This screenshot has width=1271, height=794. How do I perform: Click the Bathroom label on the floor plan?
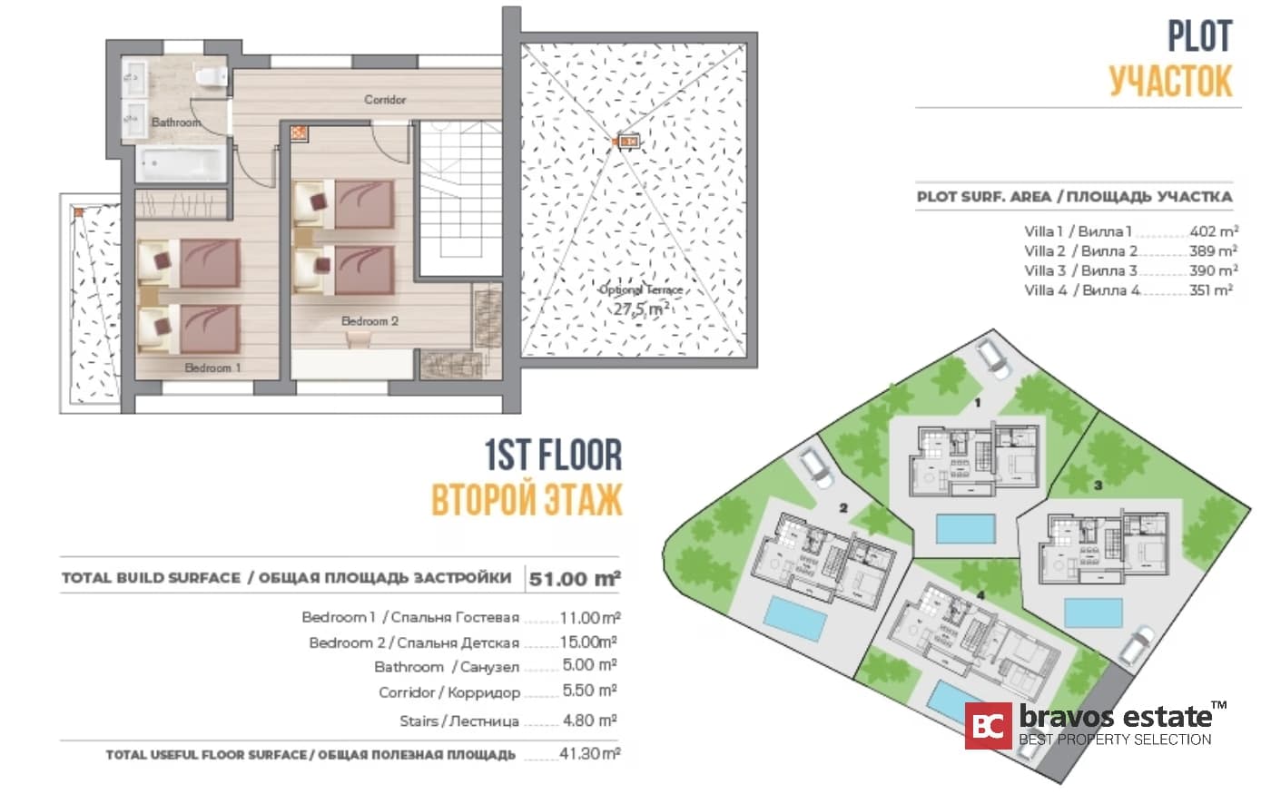pyautogui.click(x=175, y=122)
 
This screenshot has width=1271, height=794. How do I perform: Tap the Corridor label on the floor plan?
pyautogui.click(x=385, y=99)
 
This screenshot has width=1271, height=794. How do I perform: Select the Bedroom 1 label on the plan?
pyautogui.click(x=212, y=368)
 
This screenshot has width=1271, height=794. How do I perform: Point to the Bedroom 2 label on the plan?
pyautogui.click(x=369, y=321)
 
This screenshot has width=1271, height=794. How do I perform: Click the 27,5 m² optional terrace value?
pyautogui.click(x=641, y=309)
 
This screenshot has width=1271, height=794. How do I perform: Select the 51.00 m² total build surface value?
pyautogui.click(x=575, y=578)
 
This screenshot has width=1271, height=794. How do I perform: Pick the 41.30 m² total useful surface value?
pyautogui.click(x=589, y=753)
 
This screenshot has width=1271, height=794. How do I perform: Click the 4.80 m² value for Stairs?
pyautogui.click(x=589, y=720)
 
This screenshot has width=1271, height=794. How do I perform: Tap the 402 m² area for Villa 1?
pyautogui.click(x=1213, y=231)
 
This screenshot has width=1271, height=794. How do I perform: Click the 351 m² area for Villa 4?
pyautogui.click(x=1210, y=290)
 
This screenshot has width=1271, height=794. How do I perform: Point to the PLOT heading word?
pyautogui.click(x=1199, y=36)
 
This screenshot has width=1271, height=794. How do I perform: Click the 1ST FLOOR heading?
pyautogui.click(x=553, y=456)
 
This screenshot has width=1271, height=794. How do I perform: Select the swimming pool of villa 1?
pyautogui.click(x=965, y=528)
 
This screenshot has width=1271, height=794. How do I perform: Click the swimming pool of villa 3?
pyautogui.click(x=1092, y=613)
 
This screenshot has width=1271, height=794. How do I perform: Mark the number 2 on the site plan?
pyautogui.click(x=843, y=508)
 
